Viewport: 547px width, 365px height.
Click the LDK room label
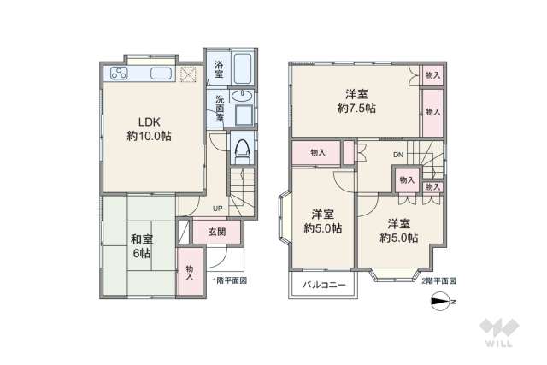pyautogui.click(x=149, y=127)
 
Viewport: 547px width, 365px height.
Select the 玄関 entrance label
pyautogui.click(x=216, y=231)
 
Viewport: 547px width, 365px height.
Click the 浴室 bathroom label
pyautogui.click(x=220, y=67)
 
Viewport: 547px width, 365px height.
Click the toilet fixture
pyautogui.click(x=242, y=150)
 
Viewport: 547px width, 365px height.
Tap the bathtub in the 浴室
pyautogui.click(x=242, y=67)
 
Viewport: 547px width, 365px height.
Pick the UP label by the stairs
pyautogui.click(x=218, y=207)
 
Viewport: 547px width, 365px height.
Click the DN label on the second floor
pyautogui.click(x=398, y=155)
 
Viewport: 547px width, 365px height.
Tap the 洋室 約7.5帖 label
pyautogui.click(x=356, y=101)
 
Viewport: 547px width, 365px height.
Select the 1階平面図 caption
pyautogui.click(x=230, y=280)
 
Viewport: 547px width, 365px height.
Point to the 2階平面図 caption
pyautogui.click(x=438, y=280)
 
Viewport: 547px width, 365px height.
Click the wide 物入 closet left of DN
pyautogui.click(x=317, y=152)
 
